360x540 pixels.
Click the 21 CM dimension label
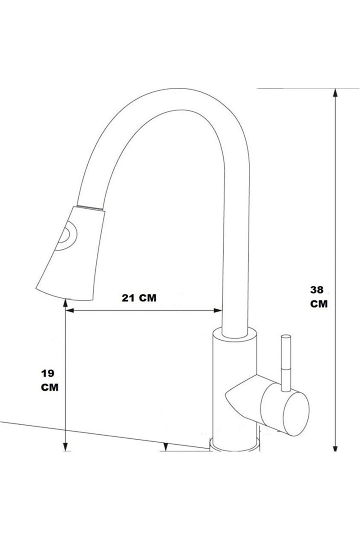coord(139,298)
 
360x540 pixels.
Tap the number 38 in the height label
coord(317,290)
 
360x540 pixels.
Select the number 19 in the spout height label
coord(48,373)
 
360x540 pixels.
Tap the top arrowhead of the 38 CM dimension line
coord(335,93)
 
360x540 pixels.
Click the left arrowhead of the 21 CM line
coord(69,310)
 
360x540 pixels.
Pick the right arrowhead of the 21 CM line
coord(218,310)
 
